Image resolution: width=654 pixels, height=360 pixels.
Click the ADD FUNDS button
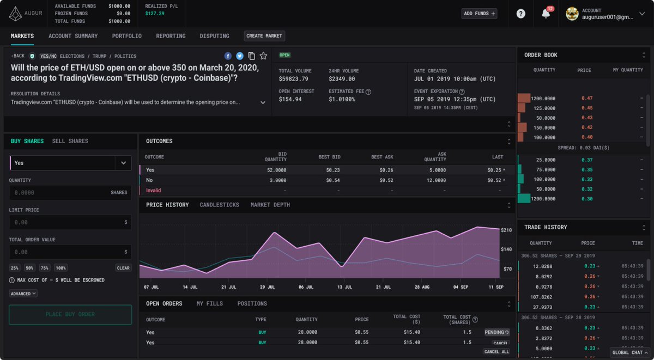coord(479,14)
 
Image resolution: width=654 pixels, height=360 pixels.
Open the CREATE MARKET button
coord(264,36)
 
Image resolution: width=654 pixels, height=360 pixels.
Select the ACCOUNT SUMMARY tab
coord(73,36)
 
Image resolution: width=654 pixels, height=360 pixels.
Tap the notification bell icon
coord(546,14)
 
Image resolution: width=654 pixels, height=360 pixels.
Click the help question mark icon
coord(521,14)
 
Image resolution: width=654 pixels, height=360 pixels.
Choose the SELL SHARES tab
coord(70,141)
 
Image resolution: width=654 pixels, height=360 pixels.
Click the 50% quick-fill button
coord(29,268)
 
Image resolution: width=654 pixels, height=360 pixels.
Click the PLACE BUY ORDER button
coord(70,314)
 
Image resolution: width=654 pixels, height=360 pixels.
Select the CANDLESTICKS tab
coord(220,205)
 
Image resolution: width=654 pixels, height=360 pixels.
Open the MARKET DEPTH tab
coord(270,205)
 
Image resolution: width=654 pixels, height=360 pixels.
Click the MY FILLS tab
coord(210,303)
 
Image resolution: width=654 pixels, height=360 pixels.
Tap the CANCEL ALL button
coord(496,352)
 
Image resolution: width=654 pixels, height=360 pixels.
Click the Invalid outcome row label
coord(154,191)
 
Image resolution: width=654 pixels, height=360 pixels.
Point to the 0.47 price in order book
coord(587,98)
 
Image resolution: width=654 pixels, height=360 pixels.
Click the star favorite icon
coord(263,56)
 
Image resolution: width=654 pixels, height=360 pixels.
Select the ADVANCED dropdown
coord(23,294)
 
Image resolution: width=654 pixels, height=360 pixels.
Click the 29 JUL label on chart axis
coord(267,286)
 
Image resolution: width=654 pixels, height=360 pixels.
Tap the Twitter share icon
coord(239,56)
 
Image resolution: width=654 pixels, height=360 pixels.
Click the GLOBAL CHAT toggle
coord(630,352)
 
